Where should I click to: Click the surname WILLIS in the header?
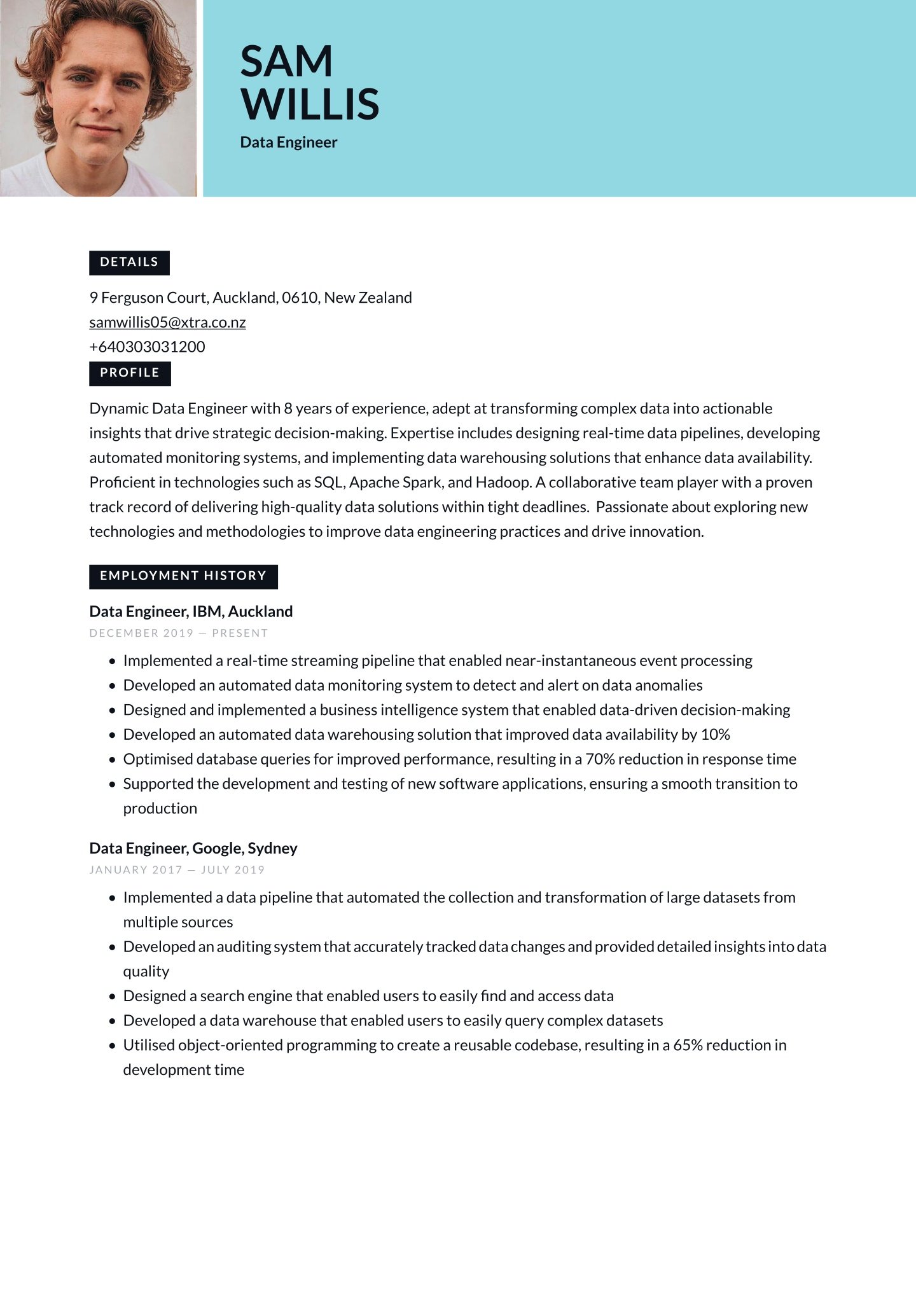pyautogui.click(x=310, y=104)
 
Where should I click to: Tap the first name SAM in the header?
pyautogui.click(x=286, y=62)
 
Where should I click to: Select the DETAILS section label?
pyautogui.click(x=129, y=262)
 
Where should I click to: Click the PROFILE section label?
pyautogui.click(x=130, y=373)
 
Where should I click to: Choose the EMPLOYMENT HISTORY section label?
pyautogui.click(x=183, y=576)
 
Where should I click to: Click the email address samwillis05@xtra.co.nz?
pyautogui.click(x=167, y=322)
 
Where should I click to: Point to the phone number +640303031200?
pyautogui.click(x=147, y=347)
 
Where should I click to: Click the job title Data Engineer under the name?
pyautogui.click(x=289, y=142)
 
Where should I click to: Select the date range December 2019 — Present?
pyautogui.click(x=179, y=633)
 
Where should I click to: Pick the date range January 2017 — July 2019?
pyautogui.click(x=177, y=869)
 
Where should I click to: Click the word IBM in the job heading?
pyautogui.click(x=207, y=611)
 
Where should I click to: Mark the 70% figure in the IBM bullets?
pyautogui.click(x=599, y=759)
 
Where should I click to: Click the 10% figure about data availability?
pyautogui.click(x=715, y=735)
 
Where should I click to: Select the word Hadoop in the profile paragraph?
pyautogui.click(x=503, y=482)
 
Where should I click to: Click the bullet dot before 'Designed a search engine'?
pyautogui.click(x=113, y=997)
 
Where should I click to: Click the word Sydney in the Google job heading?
pyautogui.click(x=272, y=848)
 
